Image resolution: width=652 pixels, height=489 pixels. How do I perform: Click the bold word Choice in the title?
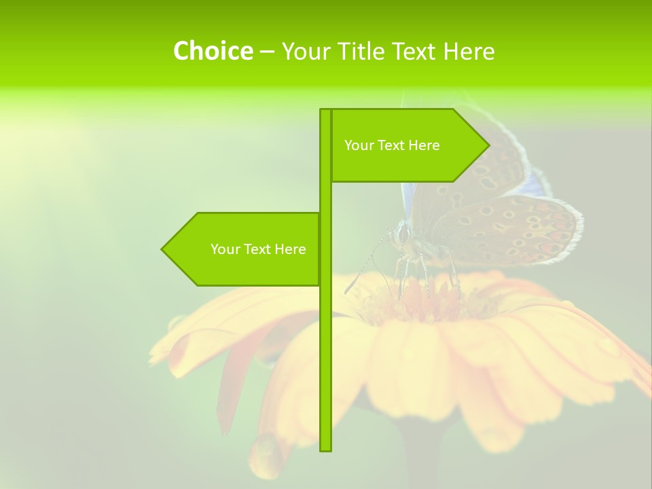coord(213,51)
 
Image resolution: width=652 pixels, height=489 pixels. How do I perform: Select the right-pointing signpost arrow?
coord(407,145)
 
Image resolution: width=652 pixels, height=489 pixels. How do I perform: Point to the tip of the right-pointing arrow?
coord(488,145)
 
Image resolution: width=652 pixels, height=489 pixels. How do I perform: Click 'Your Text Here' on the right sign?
coord(392,145)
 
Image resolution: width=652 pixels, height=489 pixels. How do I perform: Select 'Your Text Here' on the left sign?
coord(258,249)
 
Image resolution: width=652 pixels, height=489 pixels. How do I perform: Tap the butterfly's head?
coord(404,235)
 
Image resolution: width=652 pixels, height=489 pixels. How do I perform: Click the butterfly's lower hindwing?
coord(509,231)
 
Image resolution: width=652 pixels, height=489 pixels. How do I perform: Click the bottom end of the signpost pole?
coord(326,448)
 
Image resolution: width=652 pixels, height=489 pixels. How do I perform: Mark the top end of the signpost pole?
coord(325,111)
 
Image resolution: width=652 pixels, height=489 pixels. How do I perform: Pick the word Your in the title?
coord(304,51)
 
